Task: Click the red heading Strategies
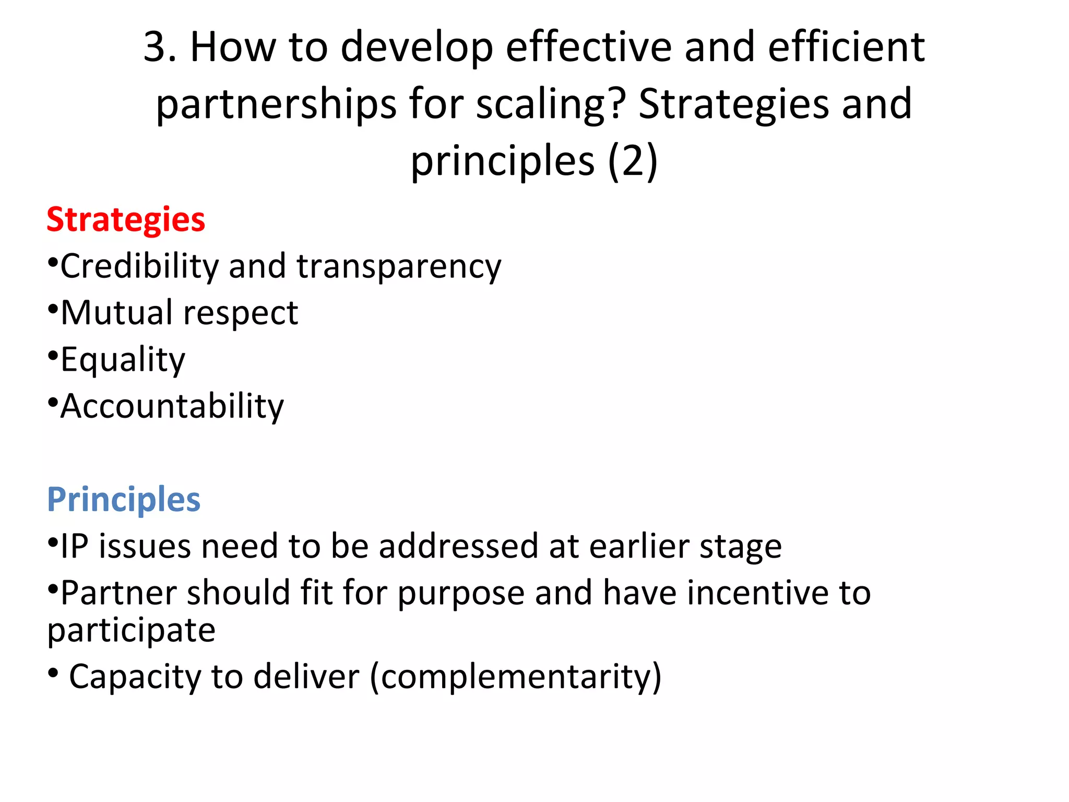click(126, 220)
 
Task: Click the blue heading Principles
click(124, 500)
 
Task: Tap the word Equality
click(123, 360)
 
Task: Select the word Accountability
click(172, 406)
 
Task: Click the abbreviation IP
click(75, 547)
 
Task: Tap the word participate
click(132, 631)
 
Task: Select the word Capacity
click(135, 677)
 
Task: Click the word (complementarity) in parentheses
click(516, 677)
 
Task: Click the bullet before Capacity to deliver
click(53, 674)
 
